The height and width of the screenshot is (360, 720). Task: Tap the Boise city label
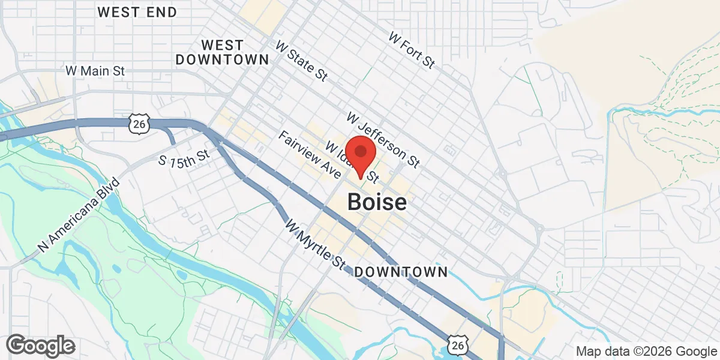(377, 202)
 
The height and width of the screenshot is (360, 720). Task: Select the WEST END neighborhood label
(137, 12)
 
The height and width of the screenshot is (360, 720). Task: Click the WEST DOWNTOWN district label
(222, 52)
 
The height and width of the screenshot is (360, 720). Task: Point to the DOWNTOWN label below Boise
(401, 272)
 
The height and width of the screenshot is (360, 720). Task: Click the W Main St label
(95, 71)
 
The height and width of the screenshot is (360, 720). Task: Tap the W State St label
(301, 61)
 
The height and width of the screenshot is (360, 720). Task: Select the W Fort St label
(411, 50)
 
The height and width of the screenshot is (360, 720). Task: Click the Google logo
(41, 346)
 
